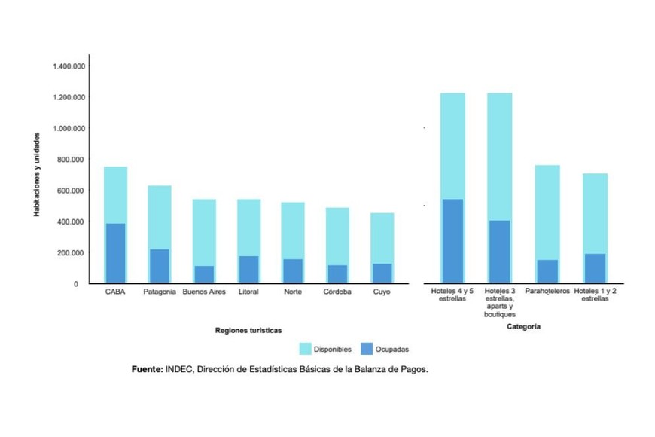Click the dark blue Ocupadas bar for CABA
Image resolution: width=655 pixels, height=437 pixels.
(x=115, y=253)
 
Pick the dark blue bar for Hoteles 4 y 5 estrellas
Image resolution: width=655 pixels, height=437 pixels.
(x=452, y=241)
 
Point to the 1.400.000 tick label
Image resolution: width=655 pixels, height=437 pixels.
(x=69, y=66)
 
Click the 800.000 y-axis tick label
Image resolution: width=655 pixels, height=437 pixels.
(x=71, y=160)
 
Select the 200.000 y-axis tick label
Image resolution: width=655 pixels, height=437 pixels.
(x=71, y=252)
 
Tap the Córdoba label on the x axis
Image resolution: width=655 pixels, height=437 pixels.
(x=337, y=292)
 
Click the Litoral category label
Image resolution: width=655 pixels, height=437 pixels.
(x=248, y=292)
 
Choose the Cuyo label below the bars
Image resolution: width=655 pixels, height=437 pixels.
(x=381, y=292)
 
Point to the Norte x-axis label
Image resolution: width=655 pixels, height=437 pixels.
(x=293, y=292)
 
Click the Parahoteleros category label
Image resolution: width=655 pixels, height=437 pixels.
(x=547, y=291)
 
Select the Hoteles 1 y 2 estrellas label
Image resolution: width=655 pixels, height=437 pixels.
(x=595, y=295)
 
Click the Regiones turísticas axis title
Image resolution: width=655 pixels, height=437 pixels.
(x=248, y=330)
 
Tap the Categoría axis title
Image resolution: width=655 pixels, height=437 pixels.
(x=523, y=327)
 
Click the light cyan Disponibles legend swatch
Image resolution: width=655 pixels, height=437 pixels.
(x=305, y=349)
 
